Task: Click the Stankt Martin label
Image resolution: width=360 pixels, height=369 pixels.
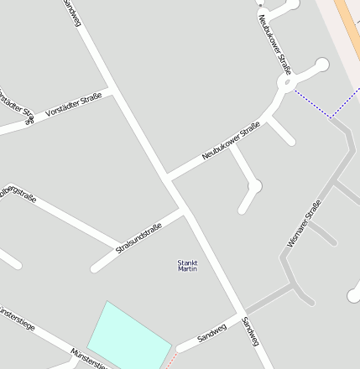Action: point(187,266)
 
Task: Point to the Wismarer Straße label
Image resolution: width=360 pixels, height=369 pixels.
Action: point(304,224)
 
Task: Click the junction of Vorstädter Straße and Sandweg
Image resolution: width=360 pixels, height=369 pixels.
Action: point(111,89)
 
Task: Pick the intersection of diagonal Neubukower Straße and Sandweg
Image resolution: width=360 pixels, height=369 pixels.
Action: point(168,178)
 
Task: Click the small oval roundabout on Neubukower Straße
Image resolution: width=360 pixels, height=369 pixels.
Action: point(286,83)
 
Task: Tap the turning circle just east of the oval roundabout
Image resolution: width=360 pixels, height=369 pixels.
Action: point(321,65)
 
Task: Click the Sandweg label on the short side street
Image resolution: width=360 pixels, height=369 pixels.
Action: point(212,332)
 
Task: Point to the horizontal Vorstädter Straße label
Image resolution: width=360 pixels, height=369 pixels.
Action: point(74,104)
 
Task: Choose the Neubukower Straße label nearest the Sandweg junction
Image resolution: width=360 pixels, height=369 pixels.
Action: point(231,142)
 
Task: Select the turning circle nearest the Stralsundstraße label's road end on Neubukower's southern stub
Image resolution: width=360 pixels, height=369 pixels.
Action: point(255,185)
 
